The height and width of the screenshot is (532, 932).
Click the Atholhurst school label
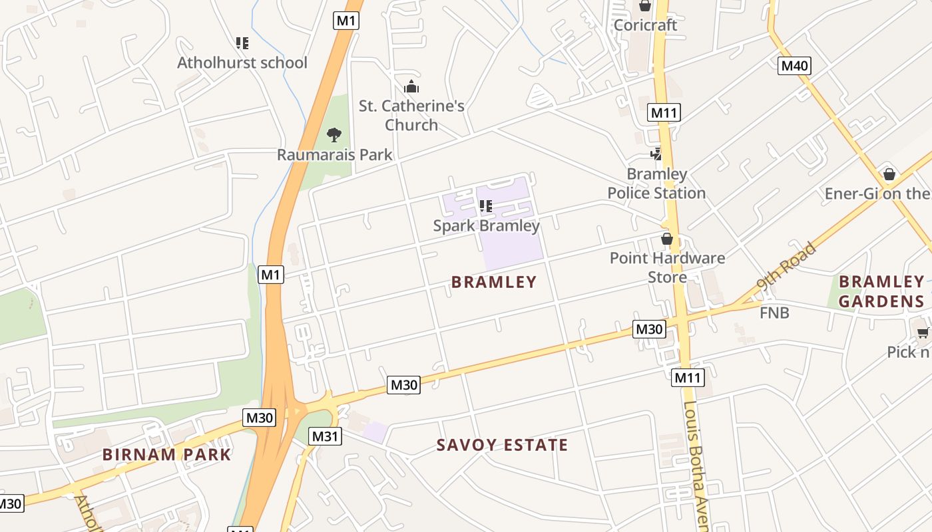(x=242, y=63)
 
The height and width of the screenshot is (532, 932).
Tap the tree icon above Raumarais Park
(x=334, y=135)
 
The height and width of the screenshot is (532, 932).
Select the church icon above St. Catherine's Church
(x=411, y=86)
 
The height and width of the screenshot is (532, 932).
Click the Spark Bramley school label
(x=487, y=225)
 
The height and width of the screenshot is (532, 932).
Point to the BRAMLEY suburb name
(x=494, y=282)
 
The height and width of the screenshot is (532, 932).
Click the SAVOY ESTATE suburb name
(x=503, y=445)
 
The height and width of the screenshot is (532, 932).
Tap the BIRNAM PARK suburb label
(x=166, y=455)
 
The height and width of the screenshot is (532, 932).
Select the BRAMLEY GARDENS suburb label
(x=881, y=292)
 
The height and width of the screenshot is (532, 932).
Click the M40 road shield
(x=794, y=65)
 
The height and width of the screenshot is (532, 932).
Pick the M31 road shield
(x=326, y=436)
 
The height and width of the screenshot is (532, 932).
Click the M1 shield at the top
(x=346, y=21)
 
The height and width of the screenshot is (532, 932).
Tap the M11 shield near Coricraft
(x=664, y=112)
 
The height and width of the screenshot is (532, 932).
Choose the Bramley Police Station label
(x=656, y=184)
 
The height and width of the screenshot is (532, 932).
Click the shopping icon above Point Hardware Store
(x=667, y=239)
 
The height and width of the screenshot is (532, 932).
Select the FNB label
(x=774, y=313)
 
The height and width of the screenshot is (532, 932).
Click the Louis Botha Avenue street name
(x=696, y=465)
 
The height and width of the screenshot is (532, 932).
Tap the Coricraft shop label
(x=645, y=25)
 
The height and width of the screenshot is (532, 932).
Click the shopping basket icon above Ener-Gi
(x=889, y=174)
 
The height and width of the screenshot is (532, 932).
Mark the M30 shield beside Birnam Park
(x=260, y=418)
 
